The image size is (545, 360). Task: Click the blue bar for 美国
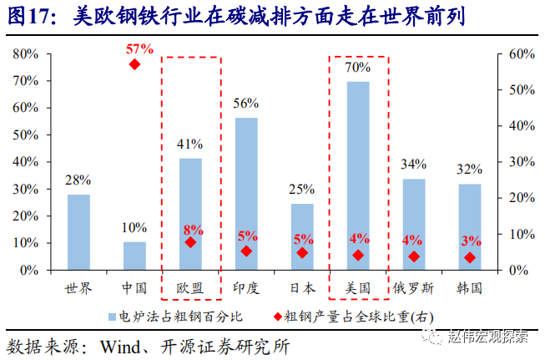tap(358, 175)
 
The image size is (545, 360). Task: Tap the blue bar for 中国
tap(134, 256)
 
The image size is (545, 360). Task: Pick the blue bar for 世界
tap(78, 231)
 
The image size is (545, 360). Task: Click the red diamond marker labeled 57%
tap(134, 64)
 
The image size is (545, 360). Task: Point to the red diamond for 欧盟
tap(190, 242)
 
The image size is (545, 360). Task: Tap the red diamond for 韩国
tap(470, 257)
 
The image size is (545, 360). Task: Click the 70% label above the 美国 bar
tap(358, 67)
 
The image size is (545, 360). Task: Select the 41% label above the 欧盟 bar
tap(190, 144)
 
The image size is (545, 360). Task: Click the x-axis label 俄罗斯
tap(413, 288)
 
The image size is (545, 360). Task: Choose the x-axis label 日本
tap(302, 288)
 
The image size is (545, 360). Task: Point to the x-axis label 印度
tap(246, 288)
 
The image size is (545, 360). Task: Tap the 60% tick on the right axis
tap(522, 54)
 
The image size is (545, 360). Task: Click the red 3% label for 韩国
tap(471, 241)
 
